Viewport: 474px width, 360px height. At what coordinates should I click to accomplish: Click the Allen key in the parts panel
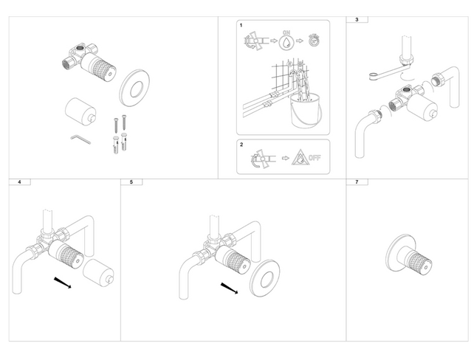pos(79,138)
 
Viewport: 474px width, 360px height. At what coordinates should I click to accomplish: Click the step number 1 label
pos(241,26)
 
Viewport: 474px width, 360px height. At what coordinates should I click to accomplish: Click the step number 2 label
pos(241,146)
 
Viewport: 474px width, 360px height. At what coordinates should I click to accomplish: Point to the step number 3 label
pos(357,19)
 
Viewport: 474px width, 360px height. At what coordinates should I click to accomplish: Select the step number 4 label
pos(18,181)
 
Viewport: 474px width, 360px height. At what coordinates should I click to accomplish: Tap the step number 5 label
pos(131,181)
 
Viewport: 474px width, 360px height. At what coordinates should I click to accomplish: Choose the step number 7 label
pos(357,181)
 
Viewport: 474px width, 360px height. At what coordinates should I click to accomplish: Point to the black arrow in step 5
pos(230,287)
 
